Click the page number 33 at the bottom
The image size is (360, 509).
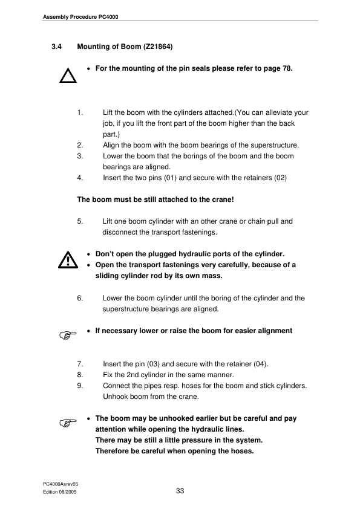pos(180,491)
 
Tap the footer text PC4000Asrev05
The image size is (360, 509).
pos(61,485)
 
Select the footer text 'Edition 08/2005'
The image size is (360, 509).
pos(61,493)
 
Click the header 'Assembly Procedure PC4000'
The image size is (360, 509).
pos(80,16)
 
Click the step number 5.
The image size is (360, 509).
pos(80,221)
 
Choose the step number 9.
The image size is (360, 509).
pos(80,385)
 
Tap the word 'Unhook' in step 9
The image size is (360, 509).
pos(116,396)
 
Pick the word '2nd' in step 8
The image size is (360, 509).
pos(134,374)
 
